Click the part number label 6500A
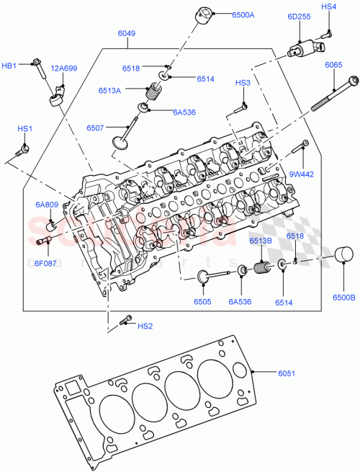coord(243,14)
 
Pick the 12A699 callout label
coord(63,68)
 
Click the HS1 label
coord(25,128)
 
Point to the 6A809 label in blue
coord(48,205)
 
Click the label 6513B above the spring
coord(261,241)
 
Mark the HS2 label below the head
coord(144,326)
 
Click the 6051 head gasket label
coord(288,373)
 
